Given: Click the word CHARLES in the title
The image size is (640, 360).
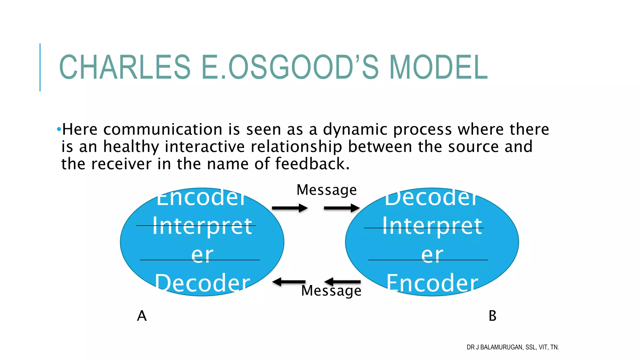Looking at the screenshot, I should coord(125,67).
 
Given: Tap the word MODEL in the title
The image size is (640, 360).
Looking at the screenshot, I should coord(438,67).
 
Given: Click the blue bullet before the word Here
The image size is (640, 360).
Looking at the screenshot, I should coord(59,129).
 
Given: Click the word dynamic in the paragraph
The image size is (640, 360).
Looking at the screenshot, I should coord(355,129).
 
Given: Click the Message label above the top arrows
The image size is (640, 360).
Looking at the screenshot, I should coord(326,190).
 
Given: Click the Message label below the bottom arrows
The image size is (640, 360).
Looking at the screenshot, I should coord(331,291).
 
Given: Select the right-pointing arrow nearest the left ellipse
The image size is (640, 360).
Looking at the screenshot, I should coord(290,208).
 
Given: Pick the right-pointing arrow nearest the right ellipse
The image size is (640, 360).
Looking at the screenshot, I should coord(342,208).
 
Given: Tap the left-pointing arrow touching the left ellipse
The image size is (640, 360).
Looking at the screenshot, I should coord(288,282).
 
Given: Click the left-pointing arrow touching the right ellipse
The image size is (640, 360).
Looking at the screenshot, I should coord(342,282).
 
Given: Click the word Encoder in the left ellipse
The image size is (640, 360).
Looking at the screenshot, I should coord(202,198).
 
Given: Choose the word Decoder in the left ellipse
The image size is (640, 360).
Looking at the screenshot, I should coord(202,283).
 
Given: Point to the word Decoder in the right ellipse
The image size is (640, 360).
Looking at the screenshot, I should coord(432,198).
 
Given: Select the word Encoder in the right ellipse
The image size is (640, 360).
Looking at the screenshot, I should coord(432,283).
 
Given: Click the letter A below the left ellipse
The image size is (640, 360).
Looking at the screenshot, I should coord(142,316).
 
